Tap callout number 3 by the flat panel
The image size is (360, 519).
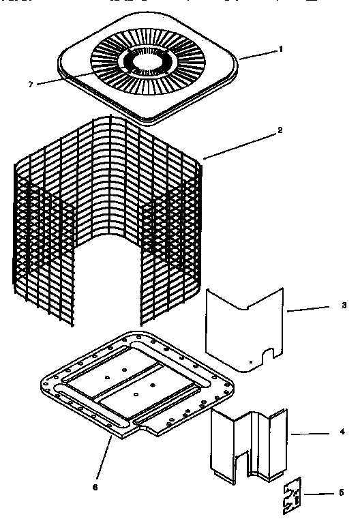pyautogui.click(x=343, y=306)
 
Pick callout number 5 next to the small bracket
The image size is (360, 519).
pyautogui.click(x=341, y=492)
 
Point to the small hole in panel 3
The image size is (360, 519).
pyautogui.click(x=251, y=362)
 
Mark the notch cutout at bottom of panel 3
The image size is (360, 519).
pyautogui.click(x=269, y=353)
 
